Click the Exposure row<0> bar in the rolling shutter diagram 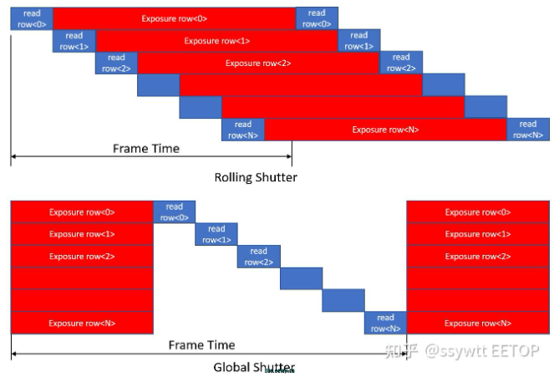tap(174, 18)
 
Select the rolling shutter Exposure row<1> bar tap(216, 40)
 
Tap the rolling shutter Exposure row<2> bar tap(258, 63)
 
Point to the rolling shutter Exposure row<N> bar tap(385, 130)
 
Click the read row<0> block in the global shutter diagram tap(174, 212)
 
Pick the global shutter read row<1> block tap(216, 234)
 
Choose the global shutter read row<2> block tap(258, 256)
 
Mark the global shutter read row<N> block tap(385, 323)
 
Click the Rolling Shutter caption tap(256, 177)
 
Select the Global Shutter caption tap(254, 367)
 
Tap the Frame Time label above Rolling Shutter tap(146, 149)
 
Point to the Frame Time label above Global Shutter tap(201, 344)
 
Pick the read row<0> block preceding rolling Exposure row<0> tap(31, 18)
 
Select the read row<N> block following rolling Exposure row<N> tap(527, 130)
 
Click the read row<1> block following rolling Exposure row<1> tap(359, 40)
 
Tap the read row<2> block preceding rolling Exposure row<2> tap(116, 63)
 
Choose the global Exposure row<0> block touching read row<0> tap(82, 212)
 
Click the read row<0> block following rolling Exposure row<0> tap(317, 18)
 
